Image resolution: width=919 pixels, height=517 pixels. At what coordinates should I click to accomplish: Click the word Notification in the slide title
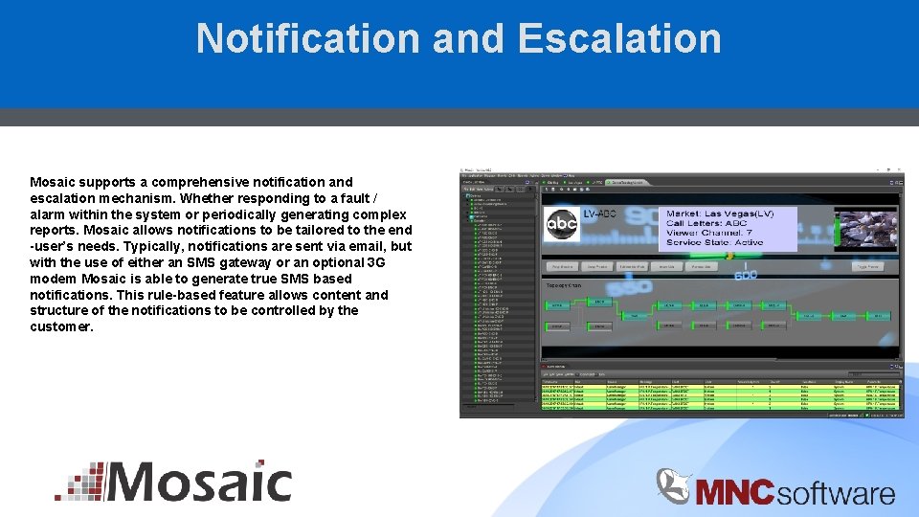306,38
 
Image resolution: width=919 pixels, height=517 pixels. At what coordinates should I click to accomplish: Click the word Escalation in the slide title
618,38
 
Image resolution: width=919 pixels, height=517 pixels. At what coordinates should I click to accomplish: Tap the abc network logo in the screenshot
562,225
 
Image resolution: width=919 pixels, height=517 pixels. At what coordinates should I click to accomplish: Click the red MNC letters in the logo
733,493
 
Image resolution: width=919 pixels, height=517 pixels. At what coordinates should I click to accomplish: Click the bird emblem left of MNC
673,485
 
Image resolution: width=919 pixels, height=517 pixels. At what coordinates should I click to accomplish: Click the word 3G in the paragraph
377,262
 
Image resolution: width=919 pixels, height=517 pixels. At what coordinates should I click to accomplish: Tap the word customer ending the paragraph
60,326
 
